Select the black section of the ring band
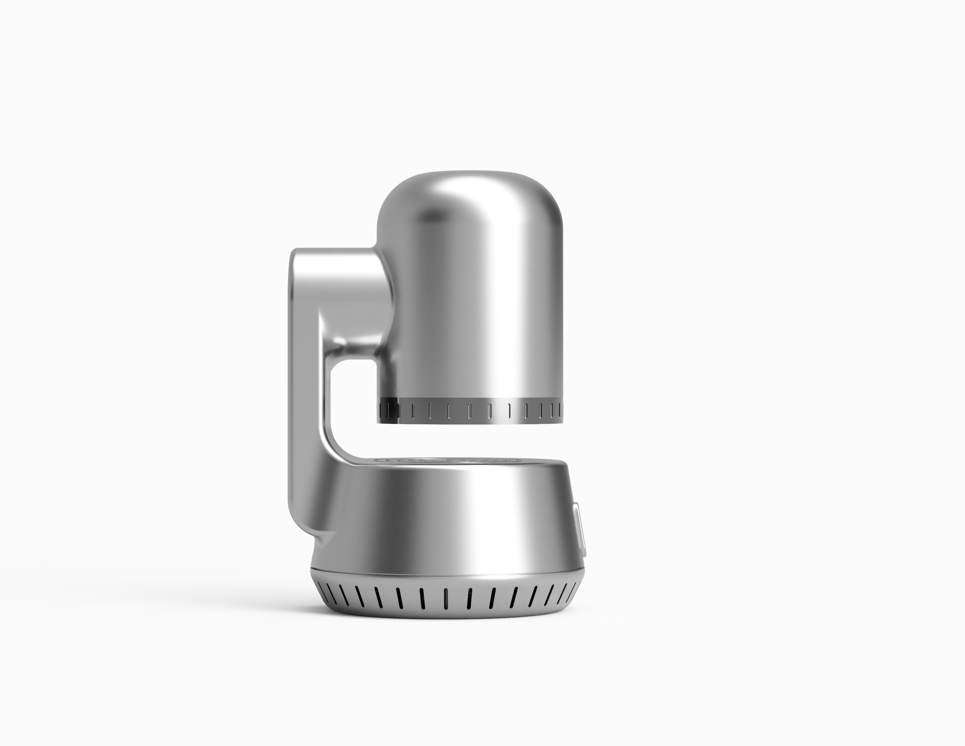(388, 409)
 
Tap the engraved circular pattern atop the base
(446, 461)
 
